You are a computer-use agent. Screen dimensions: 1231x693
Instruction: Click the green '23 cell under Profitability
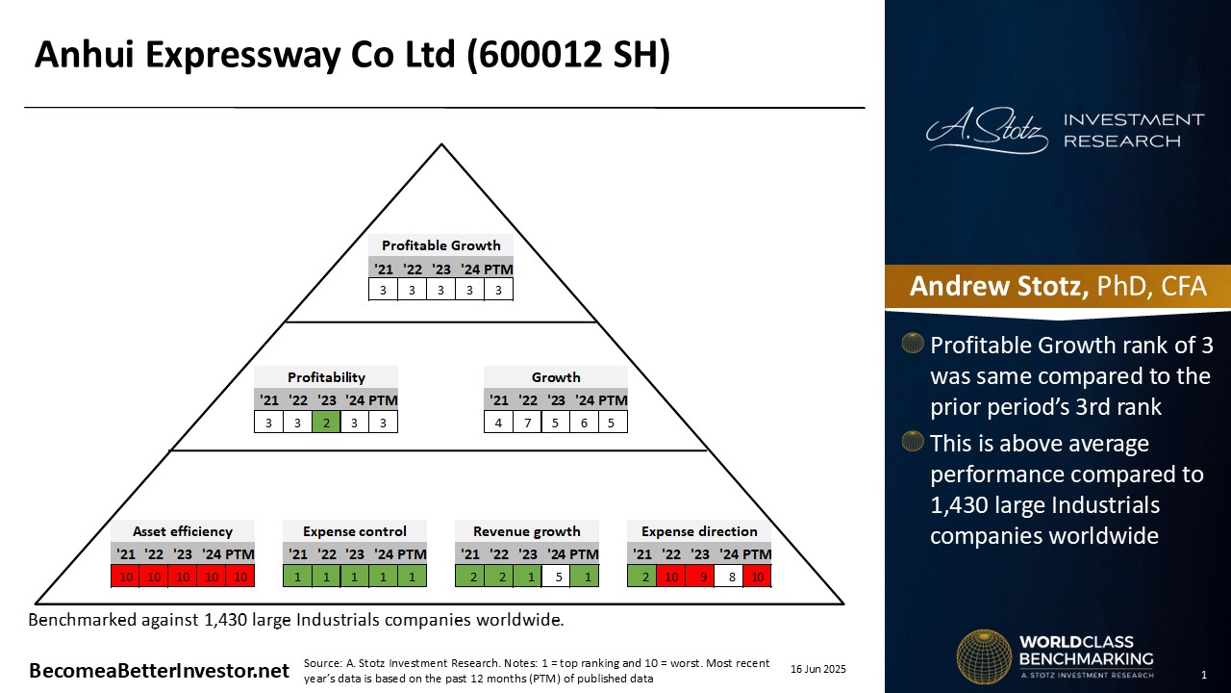point(326,423)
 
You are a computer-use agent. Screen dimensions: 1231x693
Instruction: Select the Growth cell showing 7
point(527,423)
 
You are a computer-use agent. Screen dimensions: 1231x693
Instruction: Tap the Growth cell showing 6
point(584,423)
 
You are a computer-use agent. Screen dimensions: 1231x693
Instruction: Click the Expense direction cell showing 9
point(699,577)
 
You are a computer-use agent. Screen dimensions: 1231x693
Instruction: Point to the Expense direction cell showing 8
point(728,577)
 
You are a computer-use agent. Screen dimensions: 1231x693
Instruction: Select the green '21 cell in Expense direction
point(641,577)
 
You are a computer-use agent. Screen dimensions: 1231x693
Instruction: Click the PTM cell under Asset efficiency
point(240,577)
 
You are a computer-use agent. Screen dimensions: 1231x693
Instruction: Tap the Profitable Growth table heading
point(440,245)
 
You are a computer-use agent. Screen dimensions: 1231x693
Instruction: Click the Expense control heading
point(355,531)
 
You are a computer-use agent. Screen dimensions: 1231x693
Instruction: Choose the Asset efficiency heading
point(183,531)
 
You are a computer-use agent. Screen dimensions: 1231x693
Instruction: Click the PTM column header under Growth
point(613,400)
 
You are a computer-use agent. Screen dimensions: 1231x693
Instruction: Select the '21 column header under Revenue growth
point(470,554)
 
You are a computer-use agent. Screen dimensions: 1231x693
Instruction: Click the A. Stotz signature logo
point(987,130)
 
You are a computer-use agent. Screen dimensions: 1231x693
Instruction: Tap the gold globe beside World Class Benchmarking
point(984,656)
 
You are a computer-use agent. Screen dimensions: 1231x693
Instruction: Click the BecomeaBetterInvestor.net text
point(159,671)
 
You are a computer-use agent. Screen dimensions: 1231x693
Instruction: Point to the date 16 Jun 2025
point(817,669)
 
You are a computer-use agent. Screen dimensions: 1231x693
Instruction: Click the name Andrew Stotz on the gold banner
point(998,286)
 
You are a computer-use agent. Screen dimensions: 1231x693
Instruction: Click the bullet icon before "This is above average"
point(913,442)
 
